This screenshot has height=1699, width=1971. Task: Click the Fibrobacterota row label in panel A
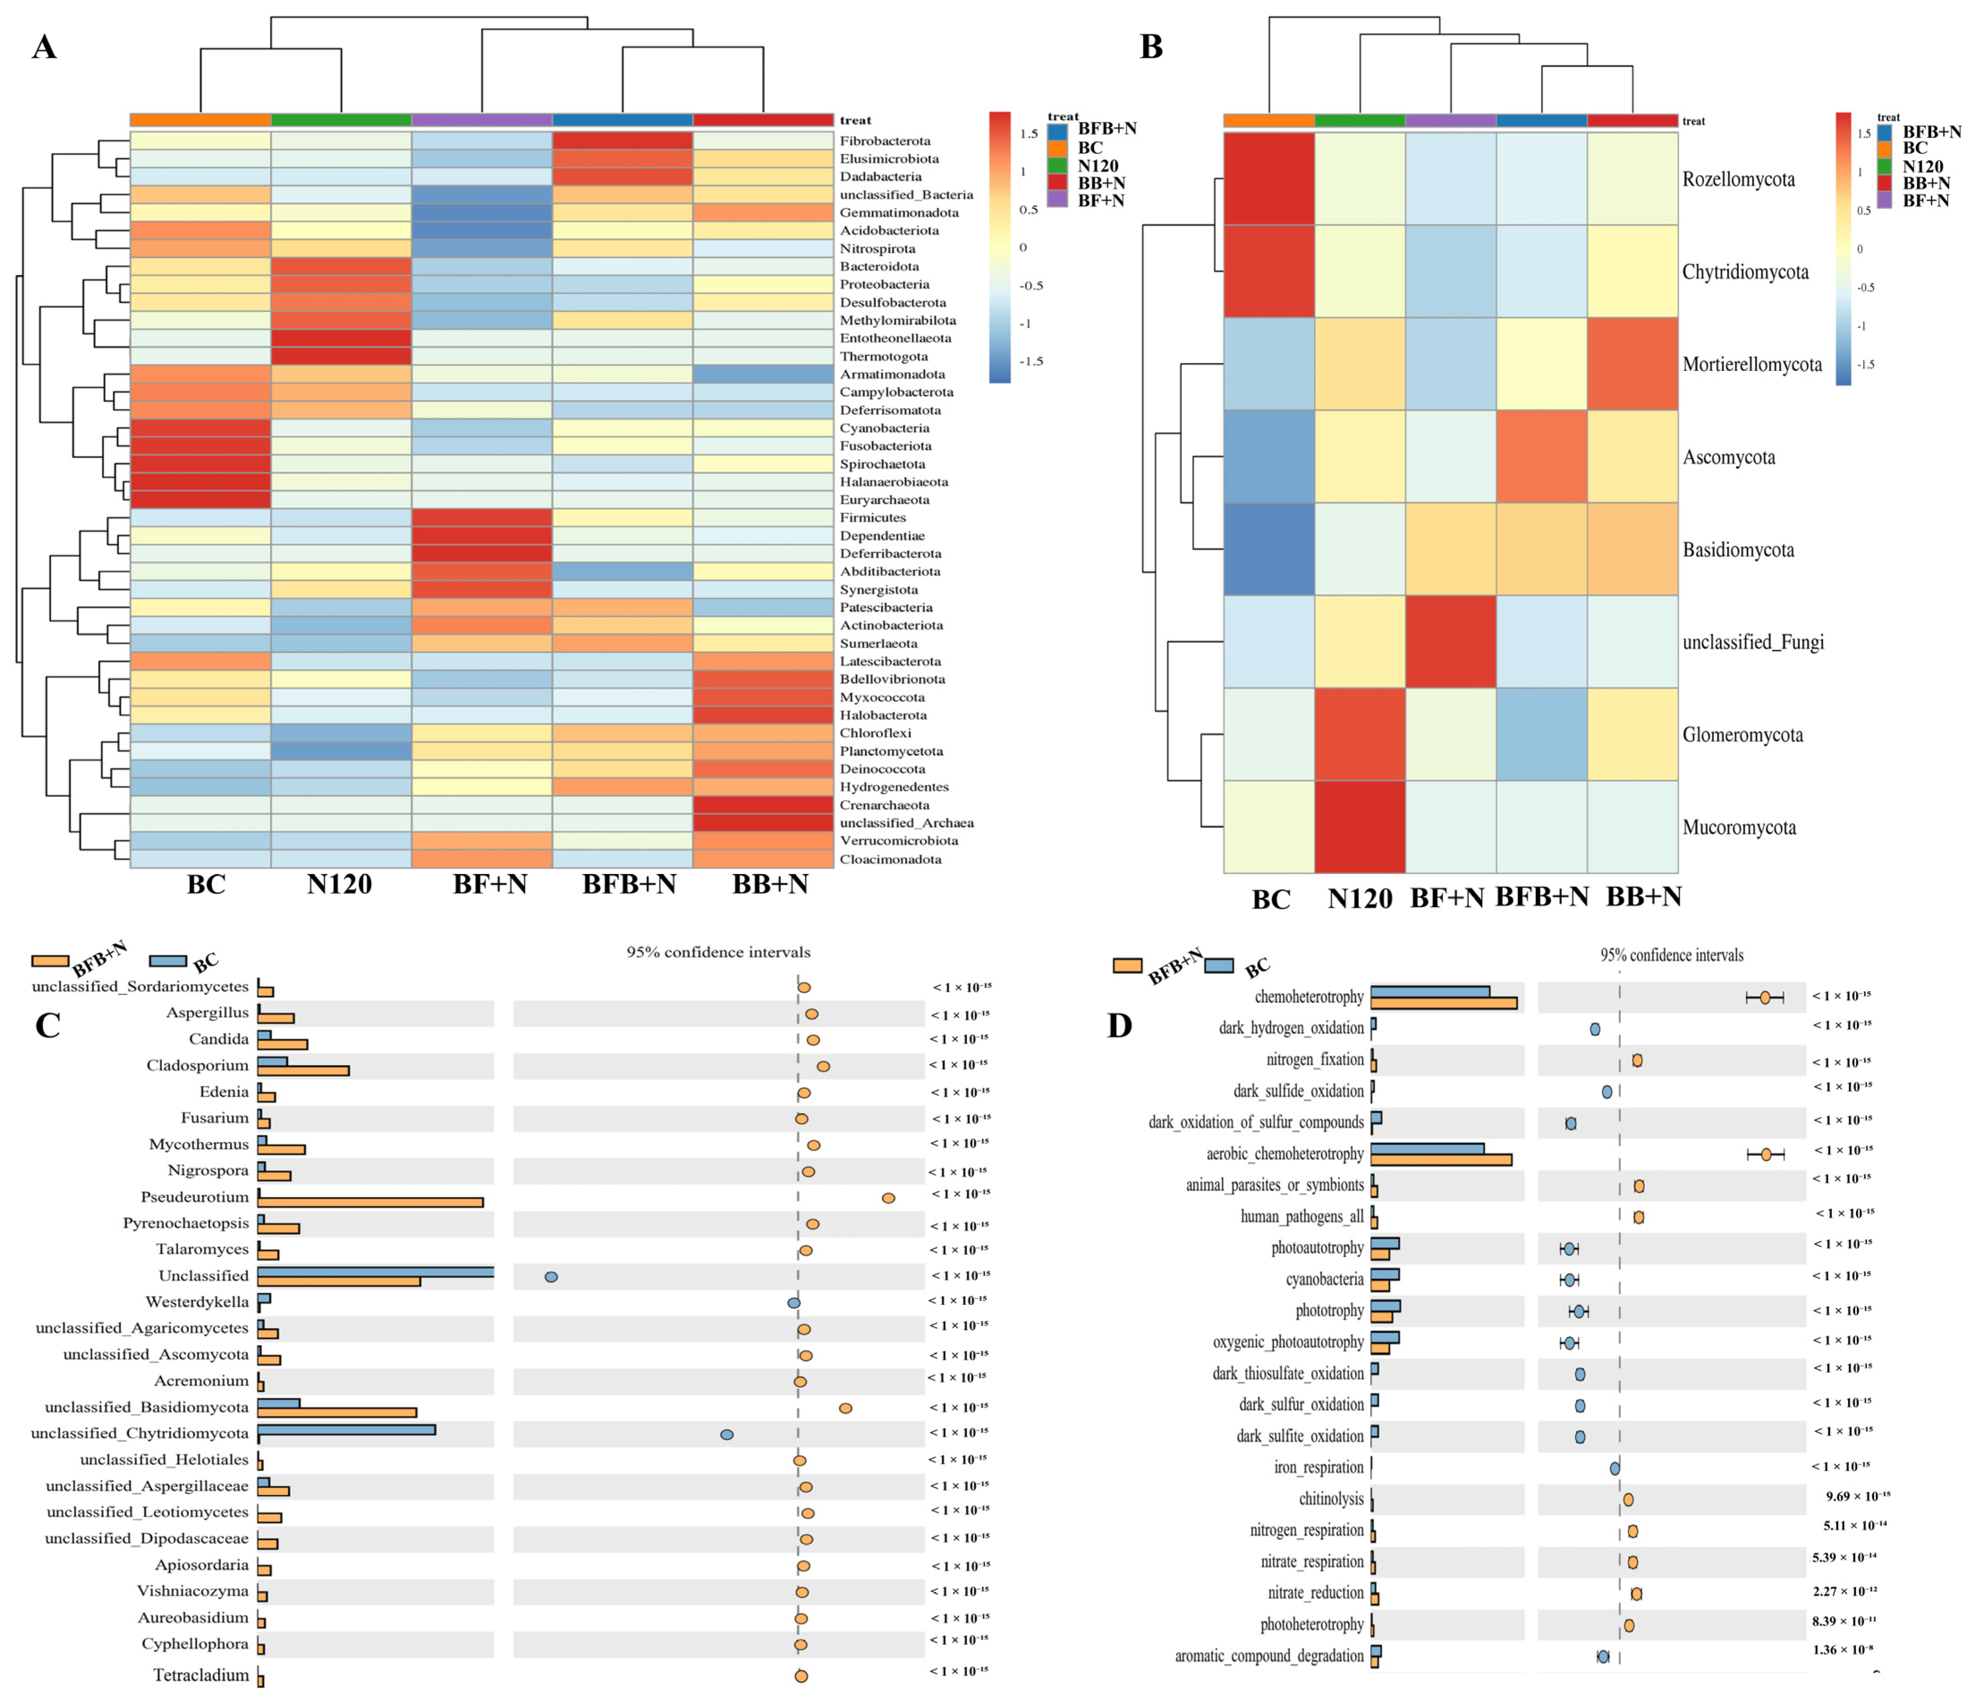pyautogui.click(x=885, y=141)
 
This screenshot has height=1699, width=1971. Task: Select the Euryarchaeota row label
pyautogui.click(x=885, y=499)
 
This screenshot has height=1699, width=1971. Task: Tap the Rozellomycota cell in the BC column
pyautogui.click(x=1269, y=179)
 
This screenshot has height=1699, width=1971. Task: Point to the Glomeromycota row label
pyautogui.click(x=1742, y=735)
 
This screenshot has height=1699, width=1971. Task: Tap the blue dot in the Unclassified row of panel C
pyautogui.click(x=551, y=1277)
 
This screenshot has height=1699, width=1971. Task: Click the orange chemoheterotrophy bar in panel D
pyautogui.click(x=1443, y=1002)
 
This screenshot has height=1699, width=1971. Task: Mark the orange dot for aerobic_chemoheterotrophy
pyautogui.click(x=1766, y=1154)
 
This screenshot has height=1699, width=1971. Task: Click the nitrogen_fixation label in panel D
pyautogui.click(x=1315, y=1060)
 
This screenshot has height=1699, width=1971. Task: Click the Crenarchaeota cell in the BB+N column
pyautogui.click(x=763, y=805)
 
